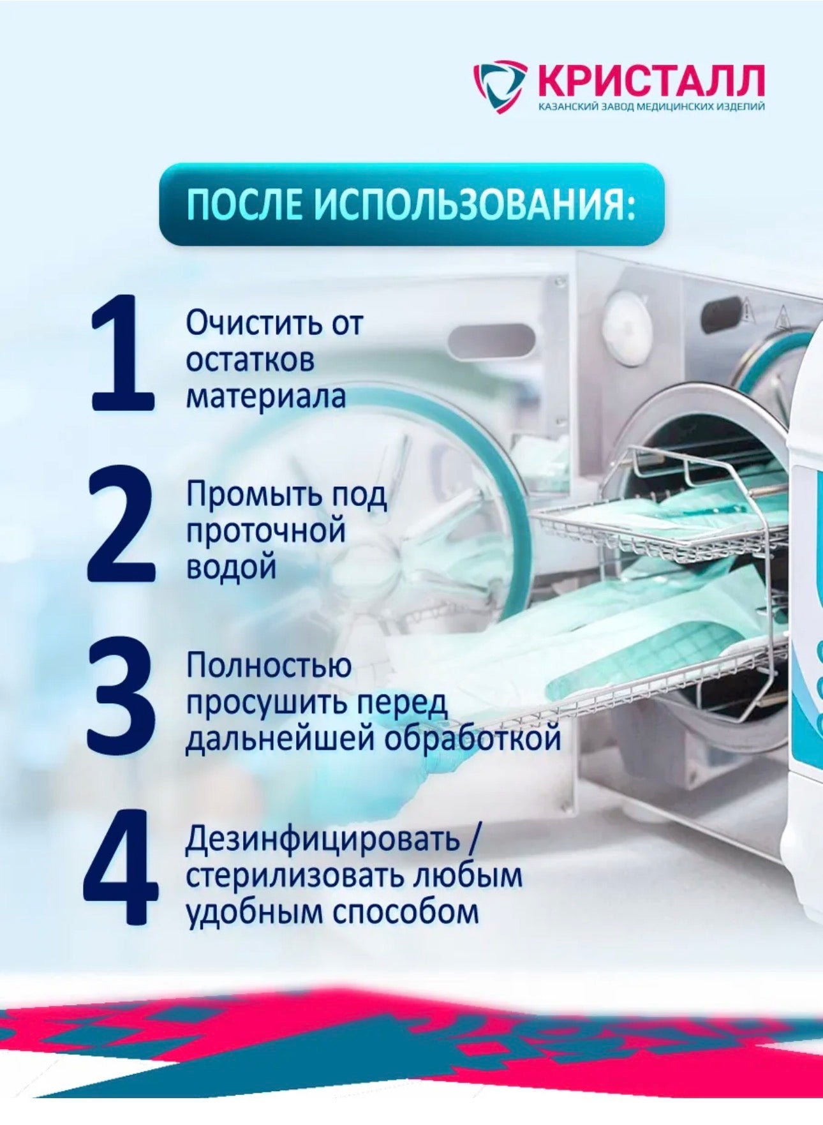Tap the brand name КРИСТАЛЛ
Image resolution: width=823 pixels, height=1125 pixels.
coord(651,80)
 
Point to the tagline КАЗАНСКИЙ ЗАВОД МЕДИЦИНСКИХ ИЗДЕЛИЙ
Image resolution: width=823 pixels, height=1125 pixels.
coord(651,107)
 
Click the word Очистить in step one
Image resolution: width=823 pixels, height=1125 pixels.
coord(253,324)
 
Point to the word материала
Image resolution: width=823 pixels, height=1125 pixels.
coord(265,396)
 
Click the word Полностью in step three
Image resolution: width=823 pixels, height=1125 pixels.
coord(269,666)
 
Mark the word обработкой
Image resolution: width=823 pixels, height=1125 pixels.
coord(472,739)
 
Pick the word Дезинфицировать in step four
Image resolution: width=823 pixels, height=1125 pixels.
coord(323,840)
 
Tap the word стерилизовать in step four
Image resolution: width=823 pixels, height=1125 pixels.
coord(295,876)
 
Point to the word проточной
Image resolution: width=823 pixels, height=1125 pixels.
coord(266,532)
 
